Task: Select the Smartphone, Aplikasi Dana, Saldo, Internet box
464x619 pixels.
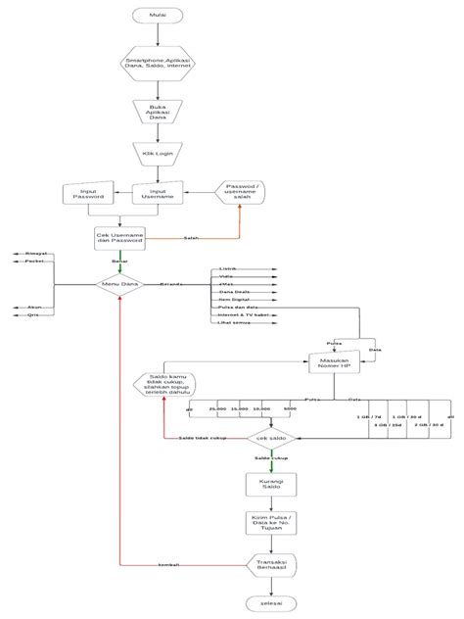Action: pyautogui.click(x=158, y=63)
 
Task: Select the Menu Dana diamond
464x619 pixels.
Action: pyautogui.click(x=119, y=285)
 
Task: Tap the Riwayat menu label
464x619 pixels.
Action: pyautogui.click(x=36, y=253)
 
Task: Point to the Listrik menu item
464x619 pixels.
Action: pyautogui.click(x=227, y=267)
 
